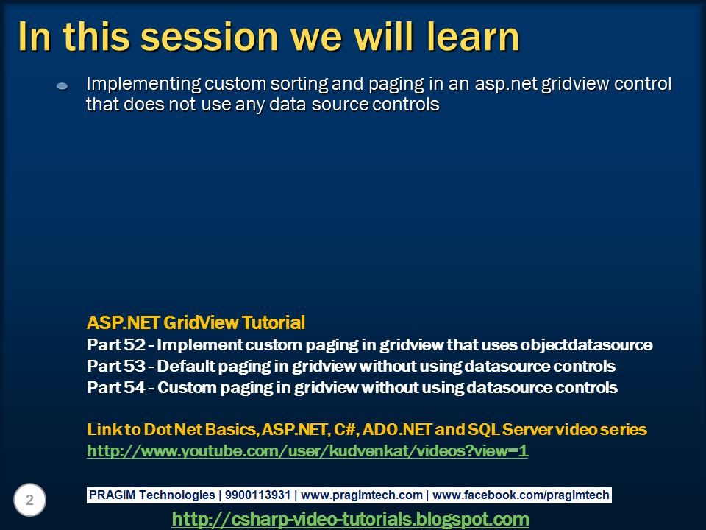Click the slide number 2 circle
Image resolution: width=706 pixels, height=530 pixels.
[29, 500]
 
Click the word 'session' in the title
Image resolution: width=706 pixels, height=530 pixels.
[210, 37]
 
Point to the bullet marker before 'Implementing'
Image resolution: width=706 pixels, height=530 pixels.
[62, 86]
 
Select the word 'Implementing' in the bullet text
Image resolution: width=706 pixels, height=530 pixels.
[143, 84]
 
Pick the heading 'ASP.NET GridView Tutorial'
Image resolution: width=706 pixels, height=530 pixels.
[196, 322]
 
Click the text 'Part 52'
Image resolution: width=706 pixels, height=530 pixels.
[116, 344]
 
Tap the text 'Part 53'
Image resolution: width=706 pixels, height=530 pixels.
[116, 366]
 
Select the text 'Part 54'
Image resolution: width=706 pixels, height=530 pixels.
[116, 388]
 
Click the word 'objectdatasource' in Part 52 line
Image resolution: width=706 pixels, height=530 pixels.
[586, 345]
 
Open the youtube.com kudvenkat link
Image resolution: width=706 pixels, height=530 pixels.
[307, 451]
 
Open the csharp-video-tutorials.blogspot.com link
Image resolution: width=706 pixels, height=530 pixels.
[350, 519]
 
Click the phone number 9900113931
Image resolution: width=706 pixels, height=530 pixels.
[257, 495]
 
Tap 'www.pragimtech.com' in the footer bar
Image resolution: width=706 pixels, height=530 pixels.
[362, 495]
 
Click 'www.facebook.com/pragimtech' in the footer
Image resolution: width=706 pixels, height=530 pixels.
[521, 495]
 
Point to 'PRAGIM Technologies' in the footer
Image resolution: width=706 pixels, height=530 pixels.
[151, 495]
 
